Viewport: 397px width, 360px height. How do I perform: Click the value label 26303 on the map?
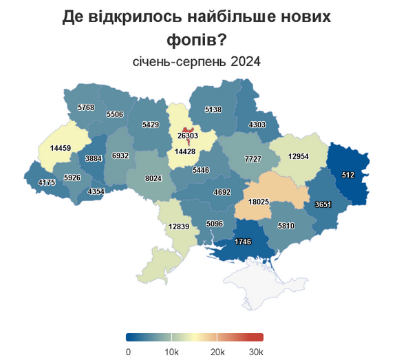189,136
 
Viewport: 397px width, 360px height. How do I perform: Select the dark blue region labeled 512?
348,176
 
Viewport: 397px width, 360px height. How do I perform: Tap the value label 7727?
253,159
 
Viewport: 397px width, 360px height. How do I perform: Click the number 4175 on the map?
47,182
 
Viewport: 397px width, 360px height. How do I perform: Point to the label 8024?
153,178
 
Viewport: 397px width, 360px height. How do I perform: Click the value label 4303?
257,125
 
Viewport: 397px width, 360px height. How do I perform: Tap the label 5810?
286,226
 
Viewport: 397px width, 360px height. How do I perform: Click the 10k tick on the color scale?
172,351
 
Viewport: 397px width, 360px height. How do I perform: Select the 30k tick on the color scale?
256,351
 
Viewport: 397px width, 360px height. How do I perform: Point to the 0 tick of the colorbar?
128,351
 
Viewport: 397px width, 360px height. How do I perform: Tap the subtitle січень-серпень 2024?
197,62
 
